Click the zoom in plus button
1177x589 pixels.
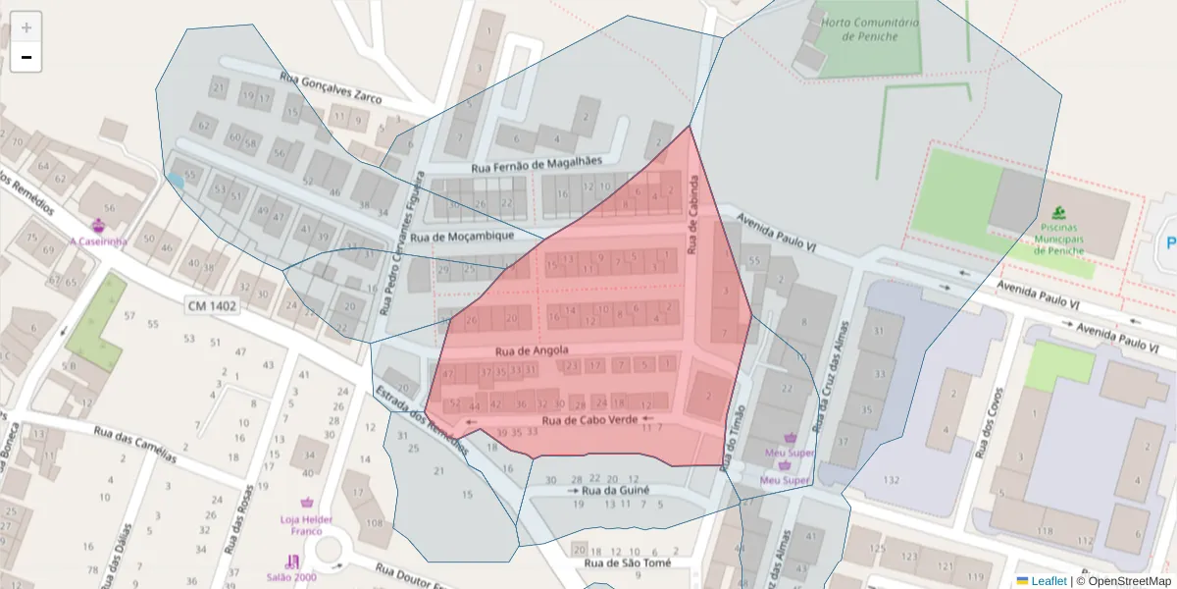click(x=26, y=27)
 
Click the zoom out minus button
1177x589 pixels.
click(x=26, y=58)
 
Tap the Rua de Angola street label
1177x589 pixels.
click(x=532, y=350)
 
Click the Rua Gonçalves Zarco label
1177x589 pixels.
click(x=331, y=91)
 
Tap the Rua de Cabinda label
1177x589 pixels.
click(x=692, y=216)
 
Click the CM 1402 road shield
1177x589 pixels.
click(x=213, y=307)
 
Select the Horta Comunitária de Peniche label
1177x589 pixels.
click(x=870, y=29)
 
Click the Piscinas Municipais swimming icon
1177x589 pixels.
click(x=1058, y=213)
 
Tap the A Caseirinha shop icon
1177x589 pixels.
click(x=97, y=226)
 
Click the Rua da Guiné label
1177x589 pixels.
click(x=615, y=490)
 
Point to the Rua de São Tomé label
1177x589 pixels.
click(x=628, y=563)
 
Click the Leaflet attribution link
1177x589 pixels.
click(x=1048, y=581)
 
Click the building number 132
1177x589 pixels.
click(x=891, y=479)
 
